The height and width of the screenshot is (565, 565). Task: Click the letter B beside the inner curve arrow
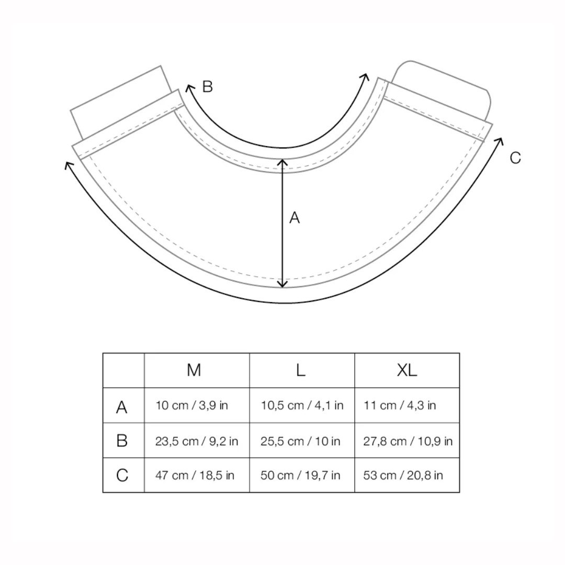pyautogui.click(x=208, y=86)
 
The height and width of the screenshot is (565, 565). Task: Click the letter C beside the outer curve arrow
pyautogui.click(x=515, y=158)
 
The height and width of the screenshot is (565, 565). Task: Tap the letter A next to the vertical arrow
pyautogui.click(x=295, y=218)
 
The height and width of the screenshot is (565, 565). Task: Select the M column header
pyautogui.click(x=194, y=370)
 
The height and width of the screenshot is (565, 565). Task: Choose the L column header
pyautogui.click(x=300, y=370)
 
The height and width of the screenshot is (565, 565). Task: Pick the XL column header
pyautogui.click(x=407, y=370)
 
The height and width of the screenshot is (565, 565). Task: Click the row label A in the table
pyautogui.click(x=122, y=407)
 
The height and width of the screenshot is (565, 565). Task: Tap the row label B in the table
pyautogui.click(x=122, y=440)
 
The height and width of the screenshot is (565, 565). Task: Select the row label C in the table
pyautogui.click(x=122, y=475)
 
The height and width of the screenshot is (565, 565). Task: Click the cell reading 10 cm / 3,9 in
pyautogui.click(x=191, y=405)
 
